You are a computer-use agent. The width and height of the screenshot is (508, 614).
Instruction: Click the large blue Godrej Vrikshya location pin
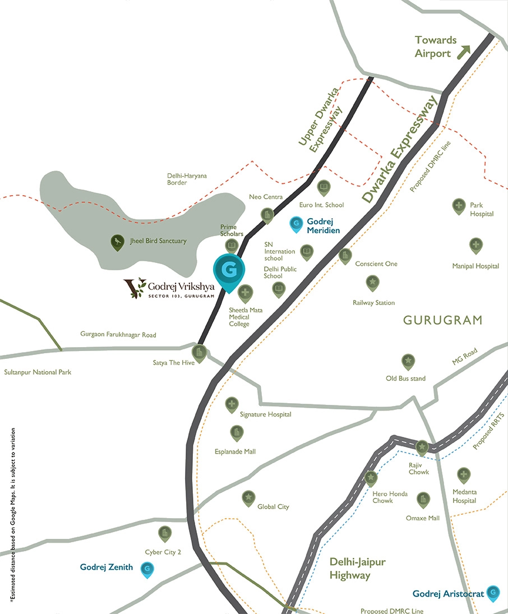point(228,271)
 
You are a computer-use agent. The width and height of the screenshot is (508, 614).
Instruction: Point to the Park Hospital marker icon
point(459,206)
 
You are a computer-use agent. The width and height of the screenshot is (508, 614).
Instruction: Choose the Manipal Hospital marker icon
point(475,244)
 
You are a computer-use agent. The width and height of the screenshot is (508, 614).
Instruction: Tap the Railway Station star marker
point(372,281)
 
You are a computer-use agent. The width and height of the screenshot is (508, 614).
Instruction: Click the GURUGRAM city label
point(442,320)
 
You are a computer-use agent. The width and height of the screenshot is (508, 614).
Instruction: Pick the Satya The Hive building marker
point(199,352)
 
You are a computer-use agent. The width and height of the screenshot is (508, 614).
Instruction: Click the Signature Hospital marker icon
point(232,404)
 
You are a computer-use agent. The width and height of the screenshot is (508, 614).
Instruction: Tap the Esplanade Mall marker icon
point(237,432)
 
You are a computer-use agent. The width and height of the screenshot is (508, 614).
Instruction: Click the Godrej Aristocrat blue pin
point(493,592)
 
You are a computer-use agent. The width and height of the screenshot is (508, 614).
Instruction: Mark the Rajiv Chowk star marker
point(422,447)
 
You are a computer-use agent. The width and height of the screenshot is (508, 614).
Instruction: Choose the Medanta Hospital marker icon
point(463,475)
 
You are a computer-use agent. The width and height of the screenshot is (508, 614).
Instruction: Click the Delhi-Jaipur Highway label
point(358,569)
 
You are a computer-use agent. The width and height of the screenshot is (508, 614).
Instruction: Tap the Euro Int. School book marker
point(323,187)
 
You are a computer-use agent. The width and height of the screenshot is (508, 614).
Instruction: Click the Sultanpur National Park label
point(38,372)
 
